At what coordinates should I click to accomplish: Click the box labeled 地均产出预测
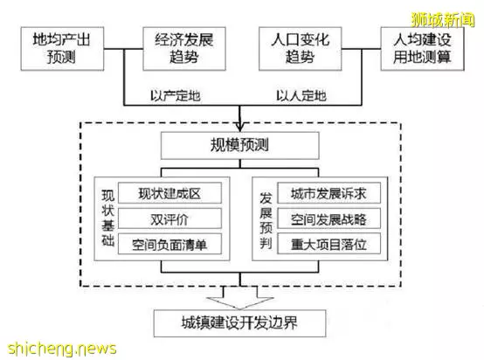pos(62,48)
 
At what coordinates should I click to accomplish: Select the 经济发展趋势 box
pos(184,48)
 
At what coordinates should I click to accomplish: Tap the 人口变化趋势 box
pos(300,48)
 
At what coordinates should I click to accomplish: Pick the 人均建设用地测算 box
pos(422,48)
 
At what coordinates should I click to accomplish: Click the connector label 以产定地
pos(176,96)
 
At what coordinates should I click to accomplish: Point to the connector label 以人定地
pos(301,96)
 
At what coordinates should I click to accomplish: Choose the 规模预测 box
pos(240,145)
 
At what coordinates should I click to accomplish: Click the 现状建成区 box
pos(169,193)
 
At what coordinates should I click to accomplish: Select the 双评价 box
pos(169,218)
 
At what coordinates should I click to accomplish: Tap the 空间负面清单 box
pos(169,244)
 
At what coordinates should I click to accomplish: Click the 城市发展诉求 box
pos(329,193)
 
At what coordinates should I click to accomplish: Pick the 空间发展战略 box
pos(329,218)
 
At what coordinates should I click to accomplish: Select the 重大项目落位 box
pos(329,244)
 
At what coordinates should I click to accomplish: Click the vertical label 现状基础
pos(108,218)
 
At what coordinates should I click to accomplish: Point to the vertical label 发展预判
pos(266,220)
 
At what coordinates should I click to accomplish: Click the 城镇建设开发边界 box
pos(240,323)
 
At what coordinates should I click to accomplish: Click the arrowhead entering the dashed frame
pos(240,127)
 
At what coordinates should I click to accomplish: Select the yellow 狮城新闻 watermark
pos(443,20)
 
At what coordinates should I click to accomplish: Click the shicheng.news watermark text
pos(62,349)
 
